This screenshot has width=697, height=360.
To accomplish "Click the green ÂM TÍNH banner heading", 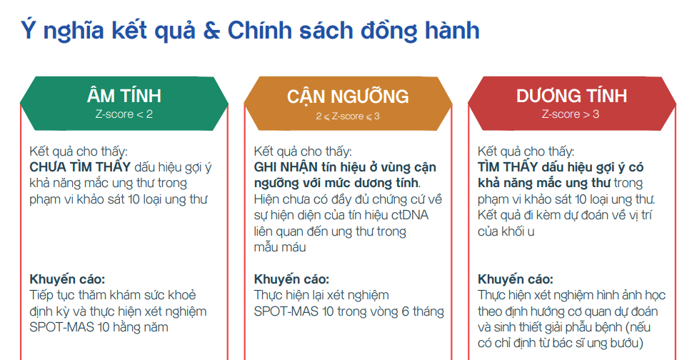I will [x=124, y=96].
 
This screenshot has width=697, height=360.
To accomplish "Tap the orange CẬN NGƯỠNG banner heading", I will [x=348, y=96].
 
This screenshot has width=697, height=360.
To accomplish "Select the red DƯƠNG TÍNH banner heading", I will [x=571, y=96].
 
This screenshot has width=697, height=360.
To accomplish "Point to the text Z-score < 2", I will [x=124, y=114].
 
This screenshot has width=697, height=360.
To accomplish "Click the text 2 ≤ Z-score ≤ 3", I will [x=348, y=115].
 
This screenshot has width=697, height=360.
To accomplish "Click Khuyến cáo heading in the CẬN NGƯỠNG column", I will [x=292, y=279].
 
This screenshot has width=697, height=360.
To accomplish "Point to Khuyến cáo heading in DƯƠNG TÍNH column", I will [x=515, y=279].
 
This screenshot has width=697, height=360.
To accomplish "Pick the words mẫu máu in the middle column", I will [x=280, y=247].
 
